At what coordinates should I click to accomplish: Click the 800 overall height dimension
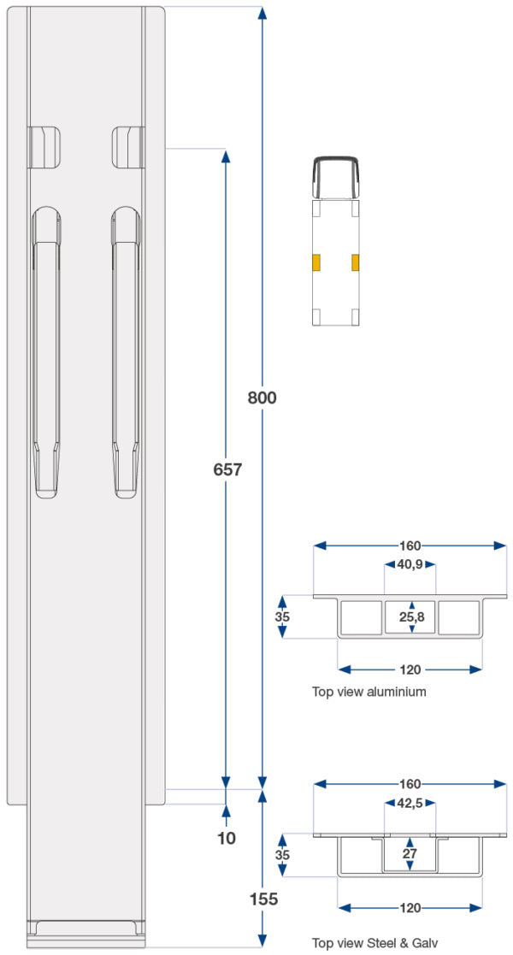click(x=262, y=398)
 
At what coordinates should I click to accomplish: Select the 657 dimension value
click(x=227, y=469)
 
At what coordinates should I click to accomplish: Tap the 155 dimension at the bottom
click(x=263, y=899)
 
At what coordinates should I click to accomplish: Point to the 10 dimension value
click(x=227, y=839)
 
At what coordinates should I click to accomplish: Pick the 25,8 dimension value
click(x=412, y=616)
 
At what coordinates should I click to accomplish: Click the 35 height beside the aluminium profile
click(x=281, y=616)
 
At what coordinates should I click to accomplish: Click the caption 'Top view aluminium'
click(x=369, y=692)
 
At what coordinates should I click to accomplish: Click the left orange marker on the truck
click(x=315, y=262)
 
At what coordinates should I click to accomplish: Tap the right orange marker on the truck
click(x=356, y=262)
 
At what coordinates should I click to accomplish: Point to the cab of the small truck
click(x=335, y=178)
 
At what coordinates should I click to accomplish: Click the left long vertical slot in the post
click(x=46, y=351)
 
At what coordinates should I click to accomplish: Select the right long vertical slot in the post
click(x=126, y=351)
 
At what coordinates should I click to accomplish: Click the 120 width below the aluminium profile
click(x=410, y=669)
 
